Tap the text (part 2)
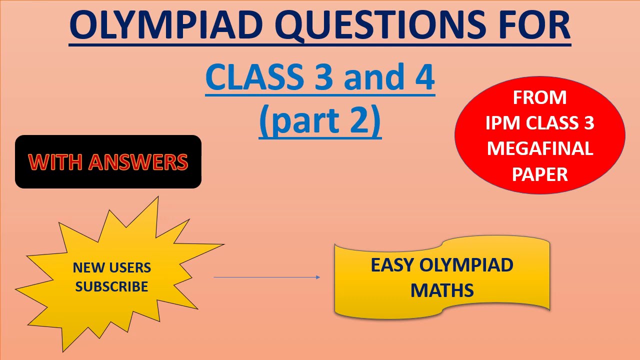(320, 121)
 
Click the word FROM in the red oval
(539, 97)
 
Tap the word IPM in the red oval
(502, 123)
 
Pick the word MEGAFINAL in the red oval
(539, 149)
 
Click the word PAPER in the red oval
(539, 174)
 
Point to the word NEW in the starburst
(87, 268)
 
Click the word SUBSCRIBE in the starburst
(112, 287)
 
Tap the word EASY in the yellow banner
(392, 265)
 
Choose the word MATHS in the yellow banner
(442, 290)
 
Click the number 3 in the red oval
(588, 123)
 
